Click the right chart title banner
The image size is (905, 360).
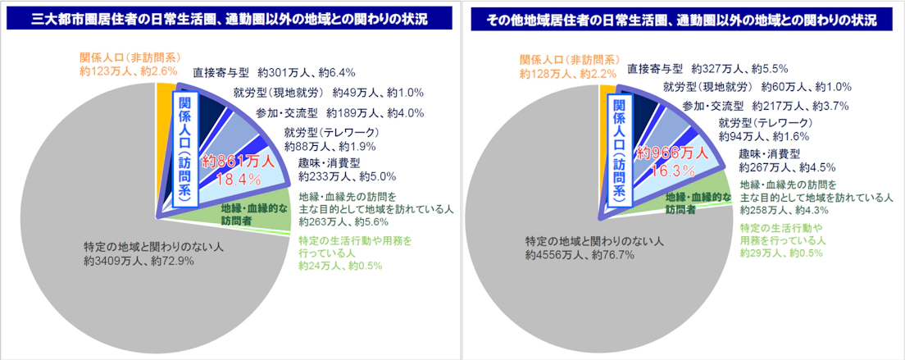coord(680,18)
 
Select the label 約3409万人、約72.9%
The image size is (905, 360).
coord(138,262)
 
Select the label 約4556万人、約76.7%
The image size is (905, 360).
coord(580,255)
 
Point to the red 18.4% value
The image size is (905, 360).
coord(238,177)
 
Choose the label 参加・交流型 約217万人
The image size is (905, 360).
coord(764,106)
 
